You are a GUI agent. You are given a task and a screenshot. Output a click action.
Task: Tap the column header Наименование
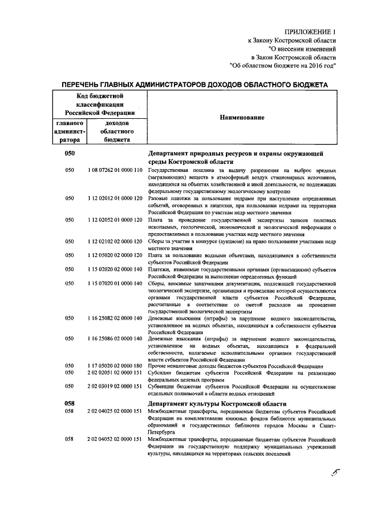239,117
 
